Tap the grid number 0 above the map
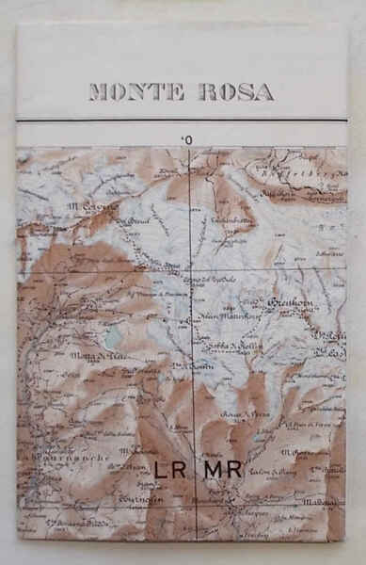click(189, 140)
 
